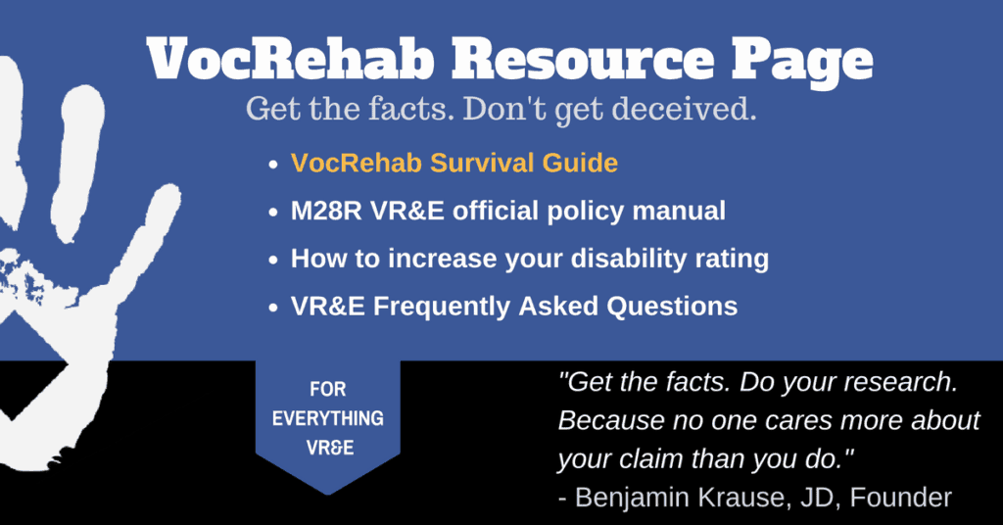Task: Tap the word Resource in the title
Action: [x=583, y=58]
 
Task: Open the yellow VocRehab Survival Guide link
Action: [x=454, y=163]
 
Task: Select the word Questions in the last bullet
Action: [x=672, y=307]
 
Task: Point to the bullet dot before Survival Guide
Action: [x=273, y=165]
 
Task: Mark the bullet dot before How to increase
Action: [x=273, y=261]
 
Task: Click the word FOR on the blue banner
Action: [x=327, y=389]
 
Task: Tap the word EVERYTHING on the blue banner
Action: [x=327, y=418]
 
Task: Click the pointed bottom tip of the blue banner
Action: [x=328, y=495]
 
